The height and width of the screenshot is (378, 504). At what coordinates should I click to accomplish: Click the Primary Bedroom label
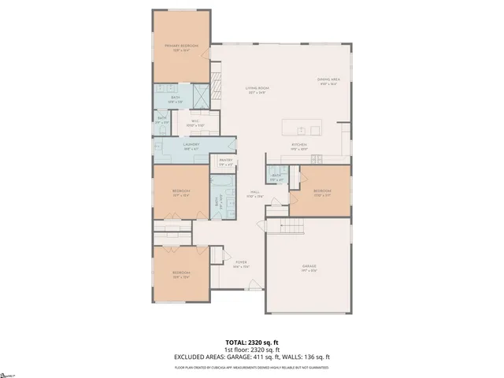coord(180,46)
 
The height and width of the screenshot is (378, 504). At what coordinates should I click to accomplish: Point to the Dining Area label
coord(328,80)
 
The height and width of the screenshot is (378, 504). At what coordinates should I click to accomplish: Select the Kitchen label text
coord(298,145)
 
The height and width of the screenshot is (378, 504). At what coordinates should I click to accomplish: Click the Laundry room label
coord(191,144)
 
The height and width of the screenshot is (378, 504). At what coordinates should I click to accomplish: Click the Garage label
coord(309,266)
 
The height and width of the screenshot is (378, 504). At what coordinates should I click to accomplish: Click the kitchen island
coord(302,128)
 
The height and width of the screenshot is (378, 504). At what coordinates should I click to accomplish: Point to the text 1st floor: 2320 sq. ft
coord(251,350)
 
